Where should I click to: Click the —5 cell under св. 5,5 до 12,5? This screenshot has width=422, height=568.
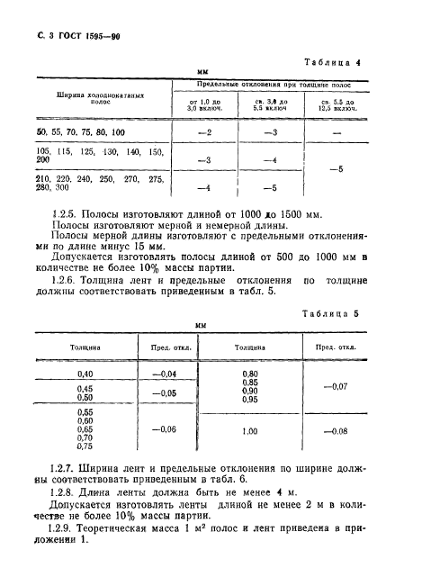337,167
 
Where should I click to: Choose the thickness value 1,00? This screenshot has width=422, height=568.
250,430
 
